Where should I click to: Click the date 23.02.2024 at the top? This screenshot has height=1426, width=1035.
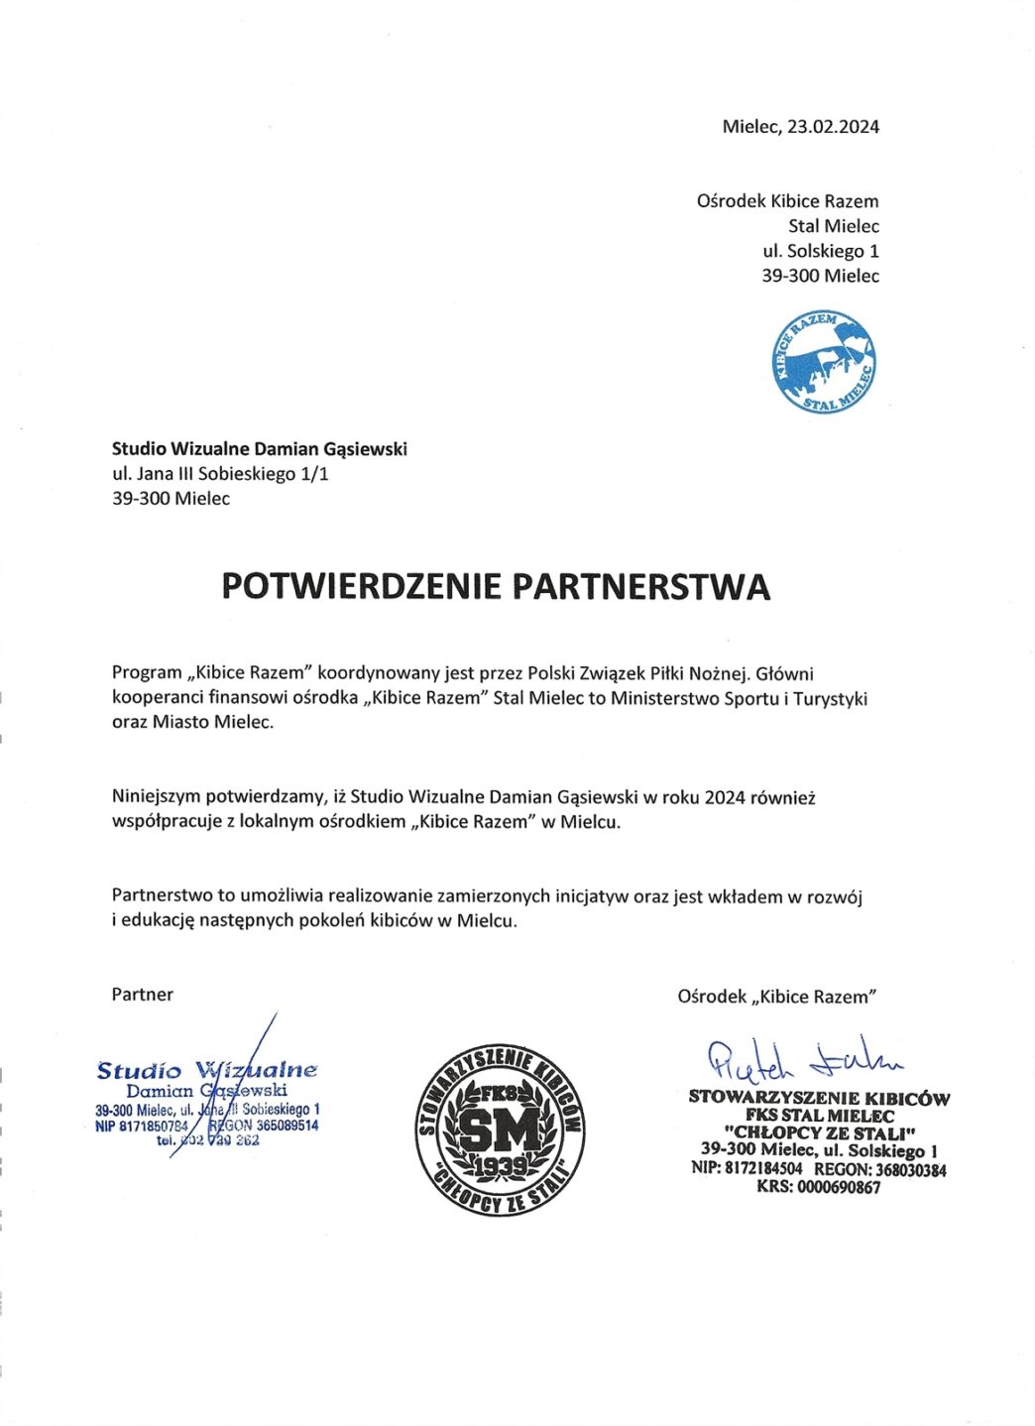833,127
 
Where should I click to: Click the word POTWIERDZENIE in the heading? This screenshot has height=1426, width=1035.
362,586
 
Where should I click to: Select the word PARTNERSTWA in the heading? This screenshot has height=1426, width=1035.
640,586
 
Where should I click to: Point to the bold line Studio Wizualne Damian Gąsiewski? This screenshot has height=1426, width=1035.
260,449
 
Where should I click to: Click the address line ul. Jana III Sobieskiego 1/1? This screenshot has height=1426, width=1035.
220,474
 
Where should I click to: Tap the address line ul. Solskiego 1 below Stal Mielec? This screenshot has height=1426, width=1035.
820,251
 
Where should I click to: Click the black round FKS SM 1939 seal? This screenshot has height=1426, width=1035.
499,1129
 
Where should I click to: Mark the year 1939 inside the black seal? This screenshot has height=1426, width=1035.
501,1166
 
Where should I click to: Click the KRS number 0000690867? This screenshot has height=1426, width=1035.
840,1187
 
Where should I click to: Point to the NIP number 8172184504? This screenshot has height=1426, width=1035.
763,1169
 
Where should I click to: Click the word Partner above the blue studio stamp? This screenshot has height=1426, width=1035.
143,995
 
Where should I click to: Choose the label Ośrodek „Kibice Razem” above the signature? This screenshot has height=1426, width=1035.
777,997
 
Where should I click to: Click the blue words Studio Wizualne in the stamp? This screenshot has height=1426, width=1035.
207,1071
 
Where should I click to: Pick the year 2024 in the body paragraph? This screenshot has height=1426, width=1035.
725,797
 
